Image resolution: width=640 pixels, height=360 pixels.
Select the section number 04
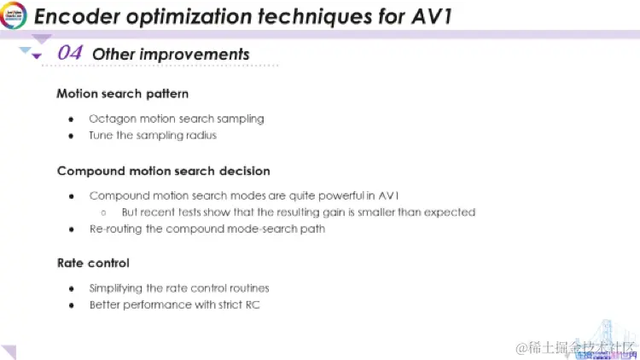[x=70, y=54]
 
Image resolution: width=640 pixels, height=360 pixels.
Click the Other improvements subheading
[x=171, y=55]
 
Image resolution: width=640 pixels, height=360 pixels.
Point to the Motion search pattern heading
[x=122, y=94]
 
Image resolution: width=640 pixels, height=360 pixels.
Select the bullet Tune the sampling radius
[x=153, y=135]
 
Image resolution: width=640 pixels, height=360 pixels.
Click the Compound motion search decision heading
[x=163, y=171]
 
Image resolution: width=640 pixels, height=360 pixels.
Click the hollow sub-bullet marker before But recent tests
[x=102, y=212]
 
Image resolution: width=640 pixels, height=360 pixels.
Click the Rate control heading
[x=93, y=264]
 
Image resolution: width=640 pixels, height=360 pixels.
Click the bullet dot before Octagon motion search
[x=71, y=119]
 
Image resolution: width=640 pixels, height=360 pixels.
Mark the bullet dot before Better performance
[x=71, y=305]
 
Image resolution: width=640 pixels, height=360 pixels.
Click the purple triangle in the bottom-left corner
[x=9, y=351]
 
